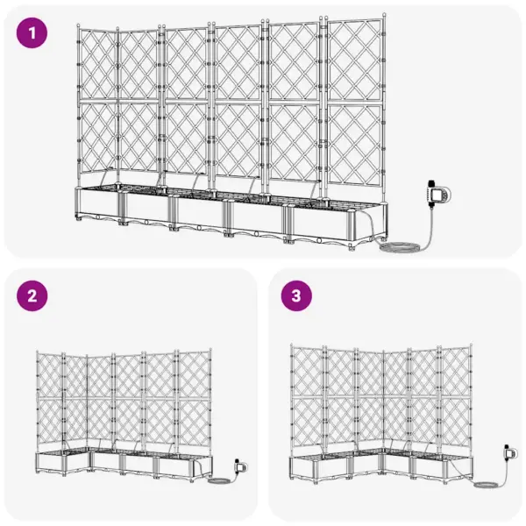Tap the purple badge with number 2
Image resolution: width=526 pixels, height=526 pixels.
click(x=33, y=296)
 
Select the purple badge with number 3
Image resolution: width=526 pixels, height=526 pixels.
click(x=296, y=296)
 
